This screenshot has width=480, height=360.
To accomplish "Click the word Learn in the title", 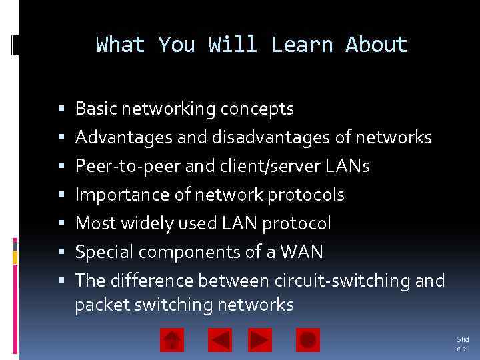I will (x=302, y=45).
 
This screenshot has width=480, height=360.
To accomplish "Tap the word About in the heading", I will (x=376, y=45).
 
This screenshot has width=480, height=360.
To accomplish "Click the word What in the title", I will (x=121, y=45).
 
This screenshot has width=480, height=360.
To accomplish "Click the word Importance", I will (x=113, y=195).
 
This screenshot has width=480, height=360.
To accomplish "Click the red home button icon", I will (x=172, y=341).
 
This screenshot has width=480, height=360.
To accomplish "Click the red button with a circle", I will (x=308, y=341).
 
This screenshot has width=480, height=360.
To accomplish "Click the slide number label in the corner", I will (x=462, y=344).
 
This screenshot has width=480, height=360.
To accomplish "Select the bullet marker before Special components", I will (x=61, y=253).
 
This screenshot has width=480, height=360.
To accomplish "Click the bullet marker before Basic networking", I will (x=61, y=109).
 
